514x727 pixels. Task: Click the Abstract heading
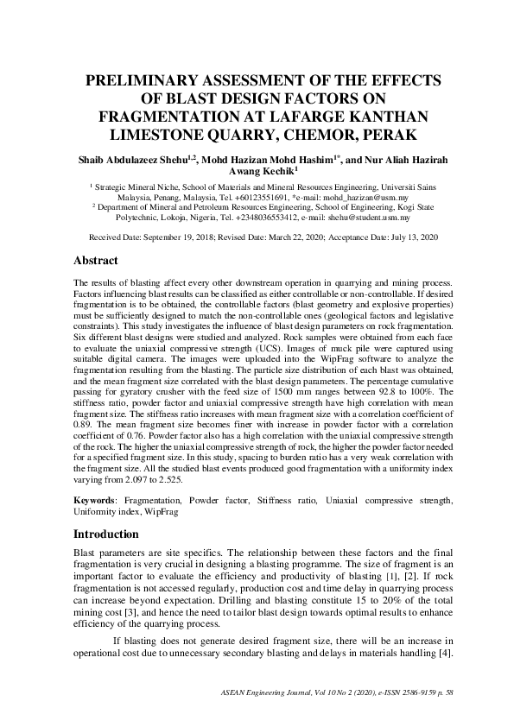95,261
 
